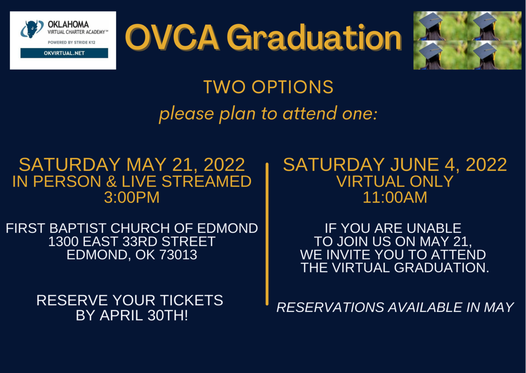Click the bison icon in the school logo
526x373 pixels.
tap(32, 29)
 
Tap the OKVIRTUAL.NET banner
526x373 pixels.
tap(64, 53)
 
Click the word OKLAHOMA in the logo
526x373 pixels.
tap(68, 25)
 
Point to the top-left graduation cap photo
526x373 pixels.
tap(440, 25)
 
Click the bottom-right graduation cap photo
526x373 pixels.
tap(494, 55)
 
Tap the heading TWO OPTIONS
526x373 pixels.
tap(268, 87)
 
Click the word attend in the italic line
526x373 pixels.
tap(310, 114)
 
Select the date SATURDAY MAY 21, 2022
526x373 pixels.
tap(132, 164)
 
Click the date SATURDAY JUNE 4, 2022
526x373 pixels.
tap(395, 164)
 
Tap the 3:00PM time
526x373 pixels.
tap(132, 197)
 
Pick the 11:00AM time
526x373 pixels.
tap(395, 197)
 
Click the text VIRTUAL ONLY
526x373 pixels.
tap(395, 181)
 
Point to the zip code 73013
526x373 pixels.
tap(178, 255)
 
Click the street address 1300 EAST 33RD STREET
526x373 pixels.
tap(132, 242)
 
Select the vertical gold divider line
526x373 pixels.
tap(267, 234)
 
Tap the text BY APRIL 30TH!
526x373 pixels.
tap(132, 315)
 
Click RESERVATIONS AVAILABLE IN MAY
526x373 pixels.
tap(395, 307)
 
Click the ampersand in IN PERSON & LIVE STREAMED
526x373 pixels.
tap(111, 181)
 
